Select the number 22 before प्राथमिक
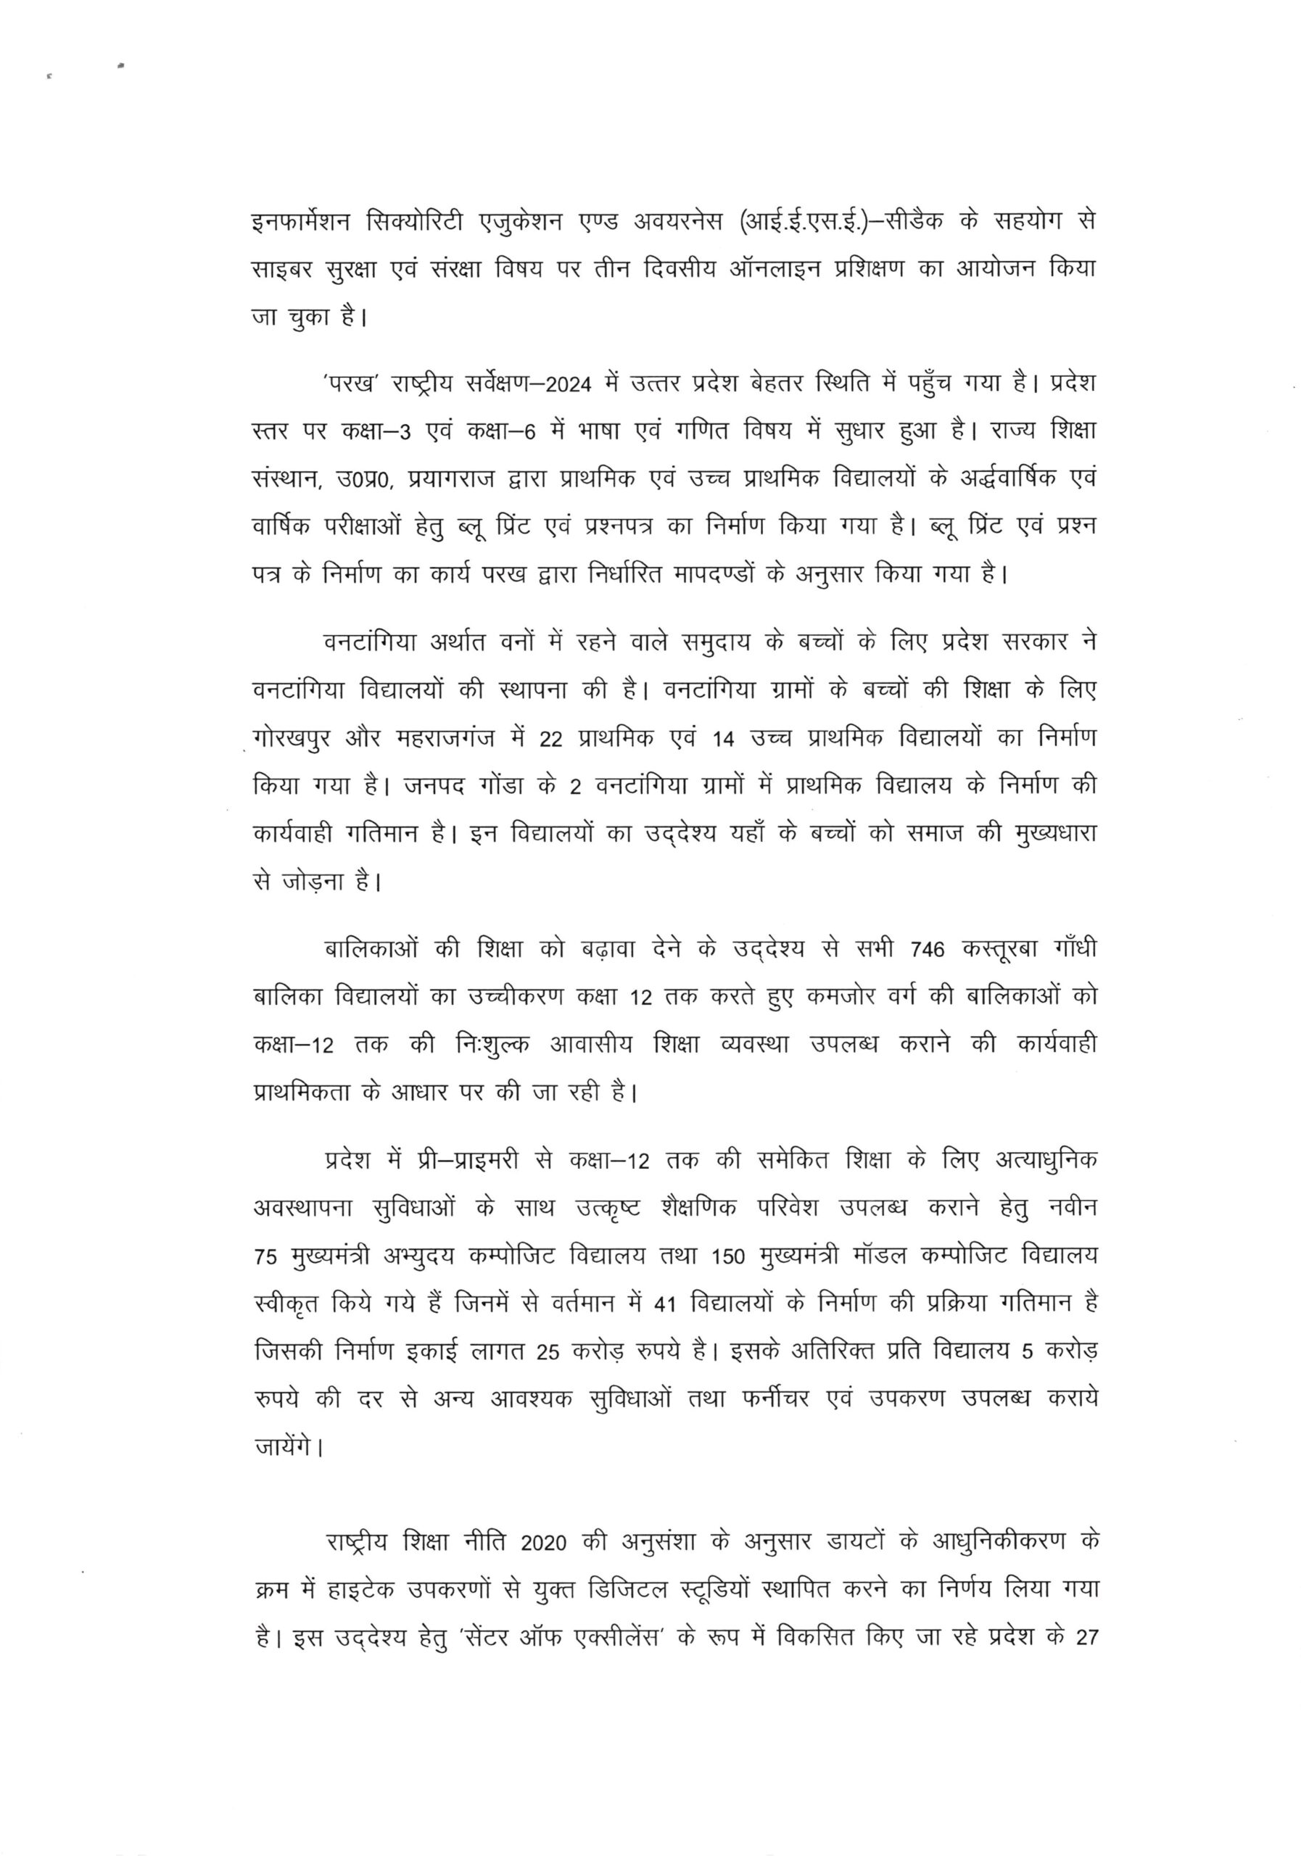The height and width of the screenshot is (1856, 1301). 550,739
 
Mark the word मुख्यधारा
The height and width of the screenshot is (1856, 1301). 1054,834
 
